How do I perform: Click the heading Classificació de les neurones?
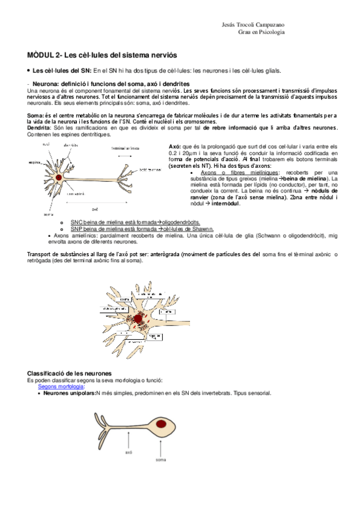[74, 373]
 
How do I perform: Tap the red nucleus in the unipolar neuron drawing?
[162, 425]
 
